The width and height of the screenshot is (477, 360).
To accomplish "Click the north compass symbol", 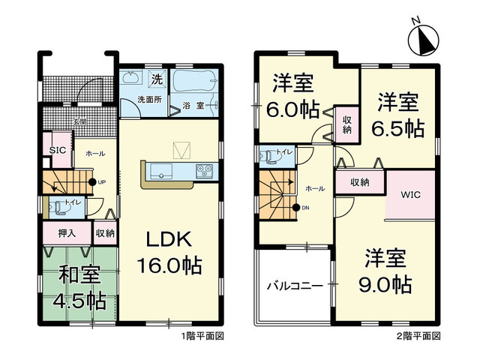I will click(424, 37).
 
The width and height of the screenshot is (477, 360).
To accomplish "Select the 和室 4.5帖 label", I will click(73, 288).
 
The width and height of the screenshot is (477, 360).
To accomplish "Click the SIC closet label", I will click(56, 150).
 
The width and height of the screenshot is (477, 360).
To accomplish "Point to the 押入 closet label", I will click(67, 233).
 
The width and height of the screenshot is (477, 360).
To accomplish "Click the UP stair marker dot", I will click(91, 181).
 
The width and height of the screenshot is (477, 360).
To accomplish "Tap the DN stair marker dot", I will click(295, 208).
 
